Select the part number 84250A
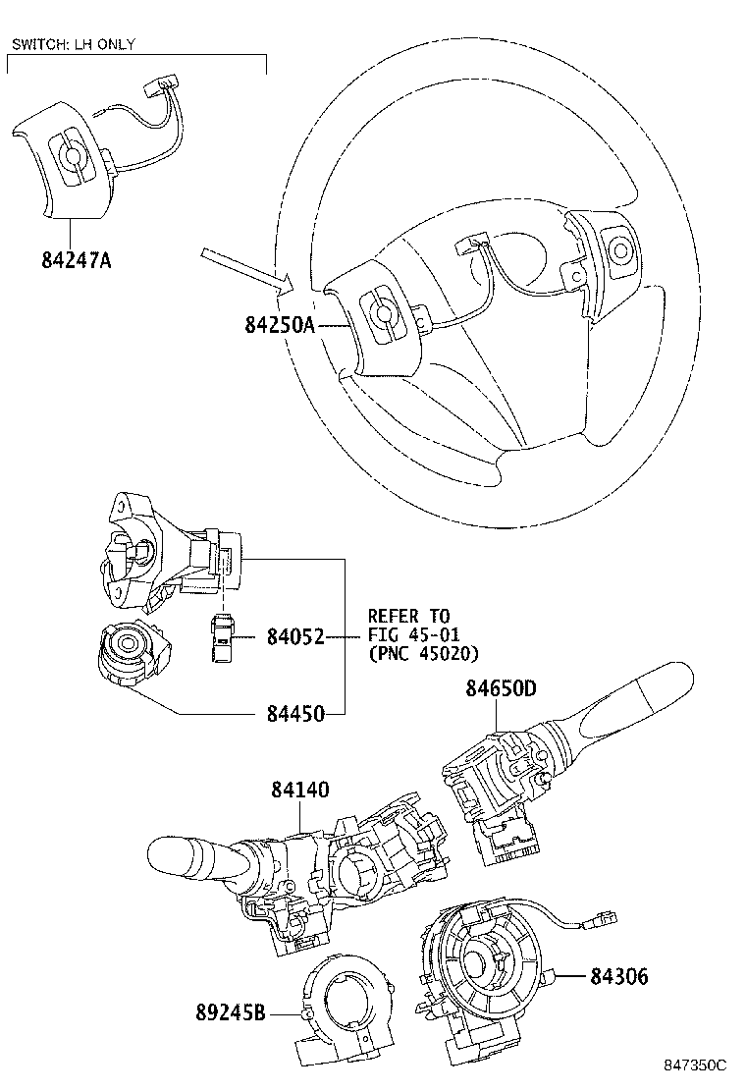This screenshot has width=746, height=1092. pos(279,325)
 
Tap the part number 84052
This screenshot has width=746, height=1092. pos(295,637)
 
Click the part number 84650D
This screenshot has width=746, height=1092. pos(501,689)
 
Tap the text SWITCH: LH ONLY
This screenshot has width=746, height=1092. pos(73,44)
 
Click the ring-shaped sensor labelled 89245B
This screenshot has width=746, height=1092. pos(343,1012)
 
